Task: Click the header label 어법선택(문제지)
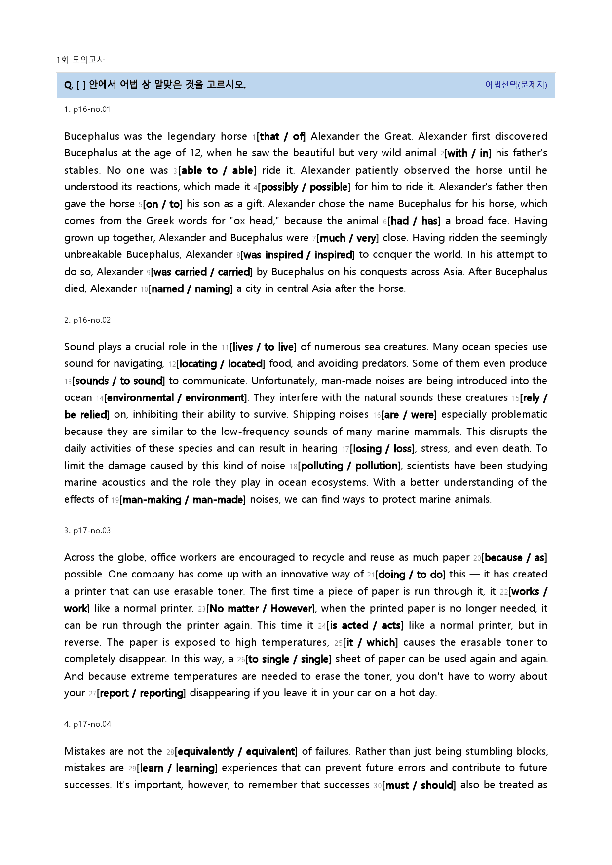(516, 85)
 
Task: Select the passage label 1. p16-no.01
(87, 109)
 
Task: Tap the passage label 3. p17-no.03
(87, 531)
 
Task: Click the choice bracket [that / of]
(281, 137)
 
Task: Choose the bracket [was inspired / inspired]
(297, 255)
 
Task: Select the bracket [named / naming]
(190, 289)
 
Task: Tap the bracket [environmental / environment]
(176, 398)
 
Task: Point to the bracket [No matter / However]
(261, 609)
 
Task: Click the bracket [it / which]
(371, 643)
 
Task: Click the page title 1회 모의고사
(80, 60)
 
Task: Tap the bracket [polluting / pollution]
(350, 466)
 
